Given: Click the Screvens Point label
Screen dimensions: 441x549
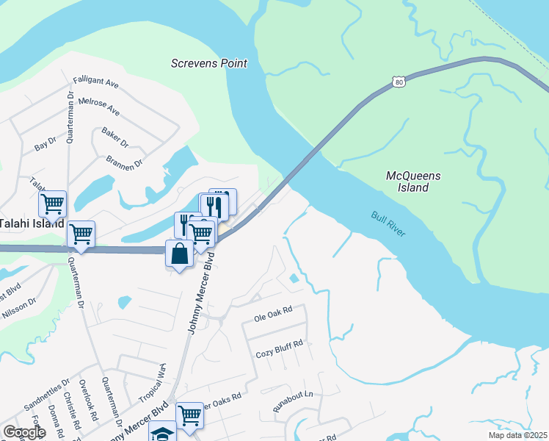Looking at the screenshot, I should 208,63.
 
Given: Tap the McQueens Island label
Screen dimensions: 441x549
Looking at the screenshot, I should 407,182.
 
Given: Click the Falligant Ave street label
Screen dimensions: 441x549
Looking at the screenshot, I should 95,83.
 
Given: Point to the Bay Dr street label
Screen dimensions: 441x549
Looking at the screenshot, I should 45,143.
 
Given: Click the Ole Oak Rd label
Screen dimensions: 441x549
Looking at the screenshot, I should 273,318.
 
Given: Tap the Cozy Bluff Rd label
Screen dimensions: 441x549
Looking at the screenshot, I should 280,353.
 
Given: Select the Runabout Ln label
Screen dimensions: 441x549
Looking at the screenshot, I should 294,401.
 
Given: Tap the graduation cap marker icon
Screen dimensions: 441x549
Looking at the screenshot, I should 162,433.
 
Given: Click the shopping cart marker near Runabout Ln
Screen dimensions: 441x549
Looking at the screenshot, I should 189,415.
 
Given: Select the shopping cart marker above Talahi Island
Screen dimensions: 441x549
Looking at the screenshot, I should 52,204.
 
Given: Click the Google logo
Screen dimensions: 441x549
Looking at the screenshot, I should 23,432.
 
